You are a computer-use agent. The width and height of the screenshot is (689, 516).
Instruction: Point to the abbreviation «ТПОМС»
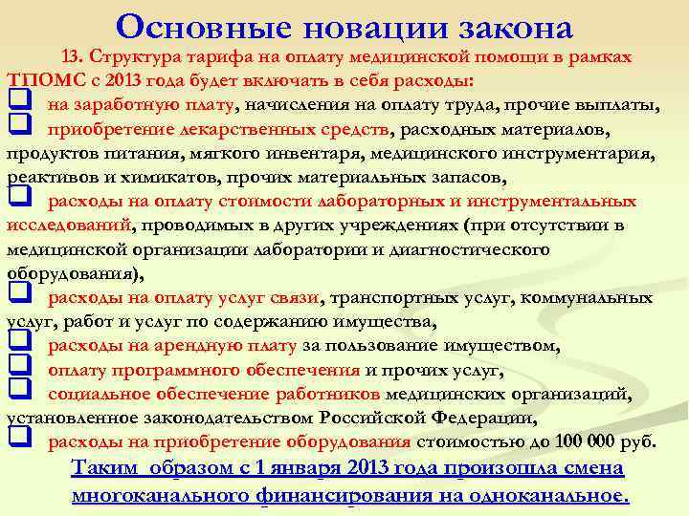[35, 78]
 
